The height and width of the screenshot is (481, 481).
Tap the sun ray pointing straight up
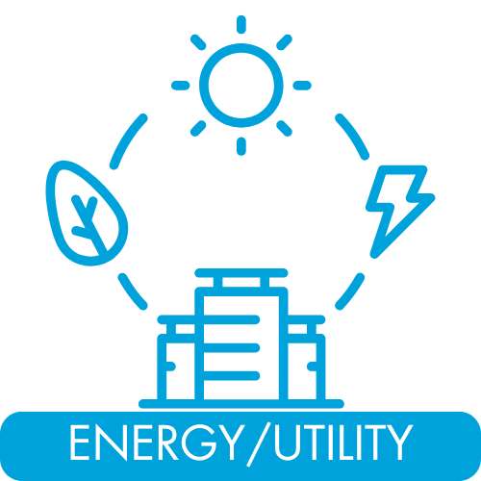[241, 24]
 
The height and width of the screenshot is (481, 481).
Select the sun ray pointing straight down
[241, 146]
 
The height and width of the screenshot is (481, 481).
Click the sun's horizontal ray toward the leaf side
[181, 86]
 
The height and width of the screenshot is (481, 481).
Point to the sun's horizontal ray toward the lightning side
[302, 86]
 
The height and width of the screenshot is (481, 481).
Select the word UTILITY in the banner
[343, 442]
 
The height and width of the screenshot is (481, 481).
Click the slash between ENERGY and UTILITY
[257, 444]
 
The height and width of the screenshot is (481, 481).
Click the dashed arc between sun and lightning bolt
[353, 136]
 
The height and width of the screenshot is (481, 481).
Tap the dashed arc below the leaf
[132, 292]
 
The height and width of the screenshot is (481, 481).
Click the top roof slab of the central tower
[241, 273]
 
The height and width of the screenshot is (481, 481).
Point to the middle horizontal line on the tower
[232, 347]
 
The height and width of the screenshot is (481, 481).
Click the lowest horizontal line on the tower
[232, 375]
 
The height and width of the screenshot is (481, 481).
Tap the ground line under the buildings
[241, 404]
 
